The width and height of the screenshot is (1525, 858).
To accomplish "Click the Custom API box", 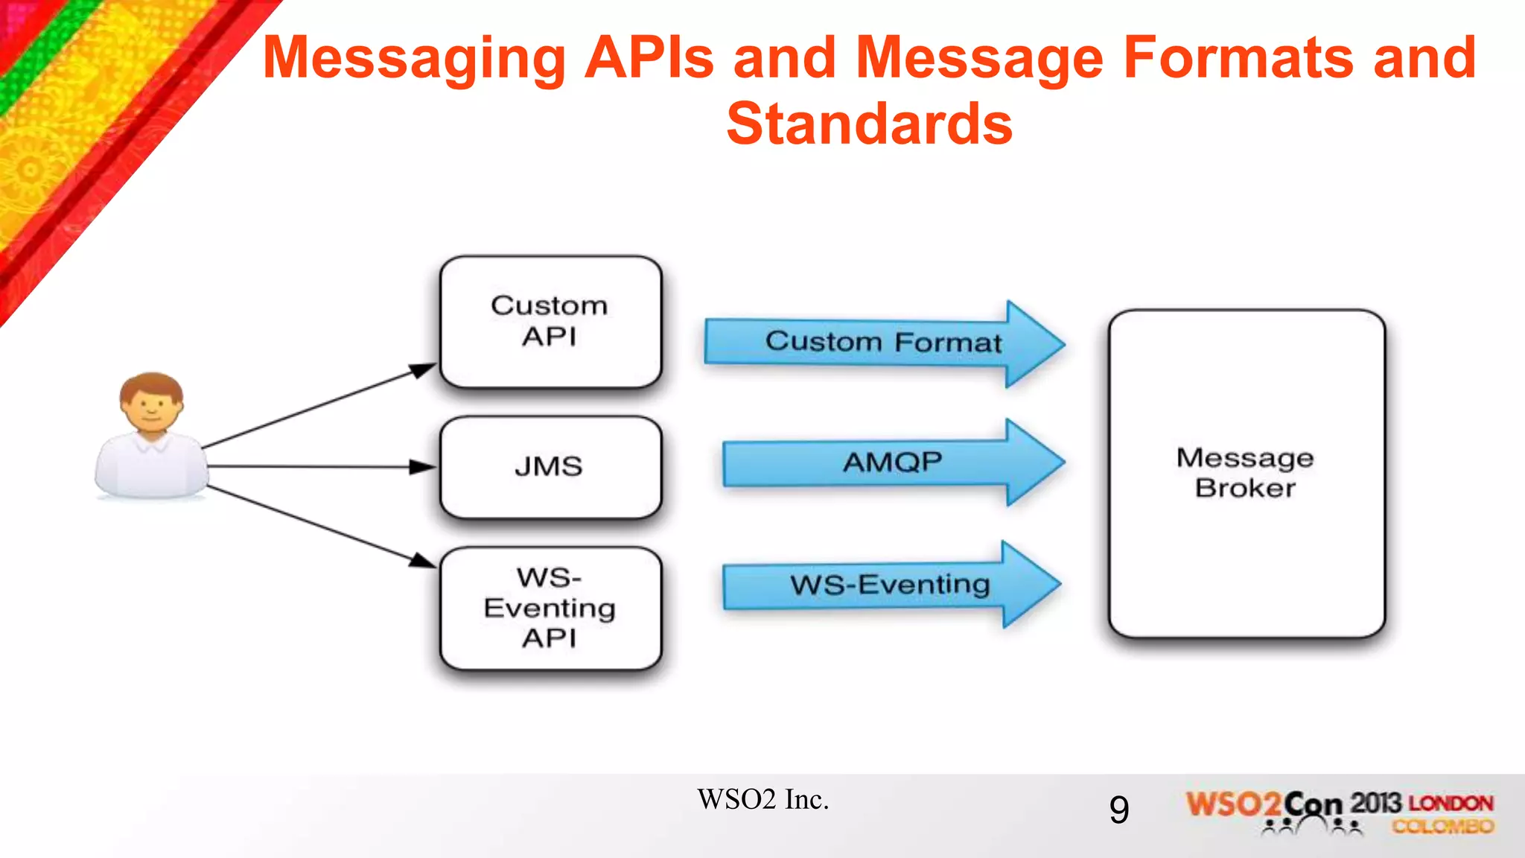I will pos(550,321).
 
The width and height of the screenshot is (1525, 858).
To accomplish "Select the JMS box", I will pos(550,467).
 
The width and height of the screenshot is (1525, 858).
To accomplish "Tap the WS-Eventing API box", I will pos(550,608).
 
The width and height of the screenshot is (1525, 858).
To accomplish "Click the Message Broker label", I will pos(1245,473).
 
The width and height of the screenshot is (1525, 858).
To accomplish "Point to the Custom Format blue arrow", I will pos(883,342).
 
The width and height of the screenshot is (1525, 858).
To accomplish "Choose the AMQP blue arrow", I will pos(892,463).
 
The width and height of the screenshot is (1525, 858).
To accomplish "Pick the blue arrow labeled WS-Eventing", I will pos(890,585).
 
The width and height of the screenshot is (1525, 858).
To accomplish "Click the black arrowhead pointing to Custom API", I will pos(423,369).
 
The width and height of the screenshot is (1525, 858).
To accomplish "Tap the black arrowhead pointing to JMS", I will pos(422,467).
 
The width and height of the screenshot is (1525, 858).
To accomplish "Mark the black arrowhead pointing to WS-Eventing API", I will pos(422,560).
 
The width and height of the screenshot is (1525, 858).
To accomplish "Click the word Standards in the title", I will pos(869,124).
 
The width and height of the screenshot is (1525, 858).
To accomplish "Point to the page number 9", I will pos(1118,810).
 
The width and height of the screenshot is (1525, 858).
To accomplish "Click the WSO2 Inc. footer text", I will pos(762,800).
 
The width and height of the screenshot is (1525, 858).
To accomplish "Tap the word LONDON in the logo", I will pos(1451,804).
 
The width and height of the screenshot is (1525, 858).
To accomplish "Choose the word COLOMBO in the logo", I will pos(1443,826).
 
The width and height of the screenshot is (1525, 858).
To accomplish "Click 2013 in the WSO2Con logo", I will pos(1376,803).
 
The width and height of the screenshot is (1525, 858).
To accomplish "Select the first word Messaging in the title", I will pos(415,60).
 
